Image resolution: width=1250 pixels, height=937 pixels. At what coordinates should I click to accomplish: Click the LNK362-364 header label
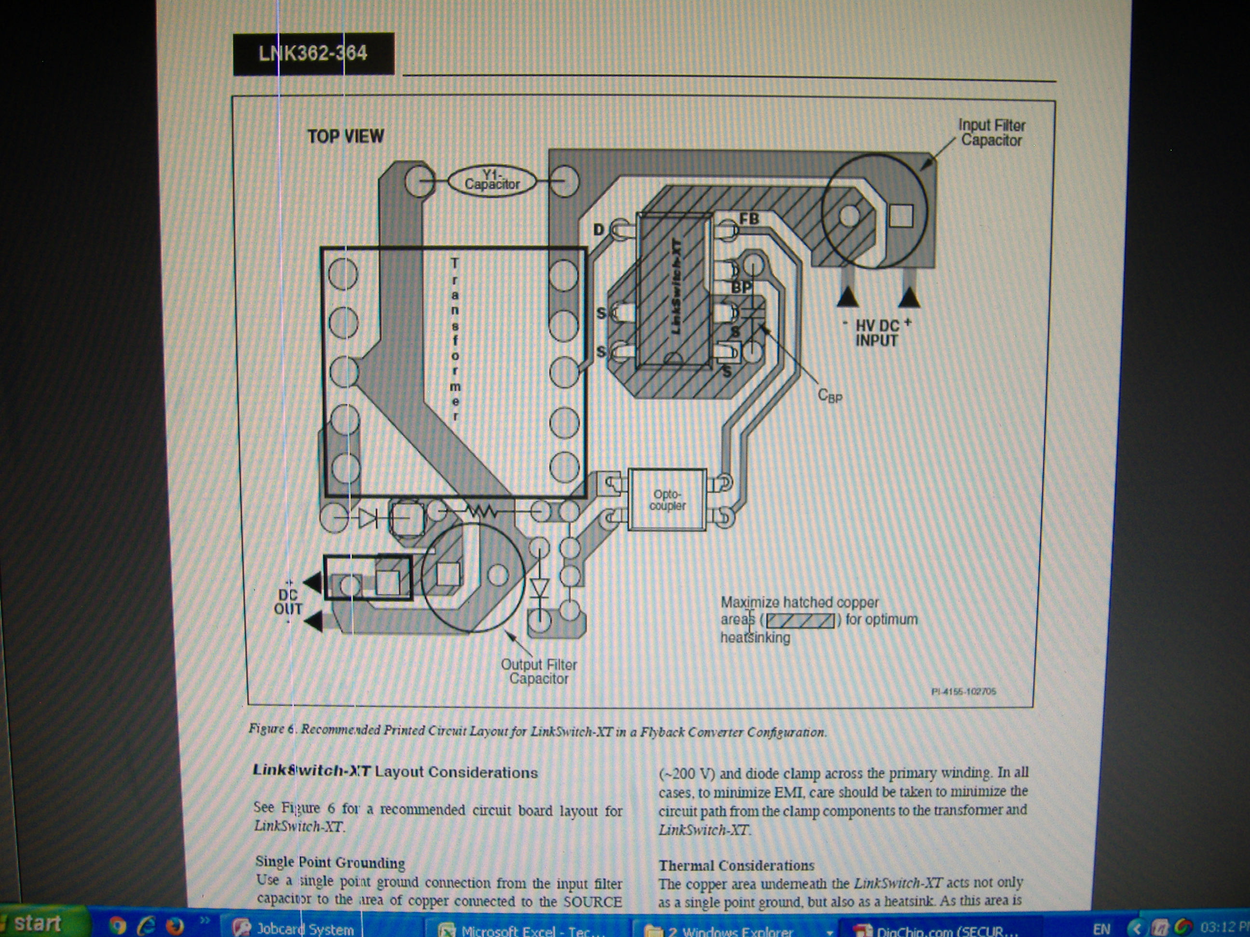[313, 54]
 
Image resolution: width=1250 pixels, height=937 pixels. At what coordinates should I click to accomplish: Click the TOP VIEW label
[345, 136]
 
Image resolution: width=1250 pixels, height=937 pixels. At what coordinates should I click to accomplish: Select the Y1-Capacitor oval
[491, 181]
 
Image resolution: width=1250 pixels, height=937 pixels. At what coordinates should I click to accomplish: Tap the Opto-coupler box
[667, 500]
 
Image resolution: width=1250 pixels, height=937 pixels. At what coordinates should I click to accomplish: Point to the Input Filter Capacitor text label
[991, 133]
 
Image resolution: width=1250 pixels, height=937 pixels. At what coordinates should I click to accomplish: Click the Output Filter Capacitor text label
[539, 671]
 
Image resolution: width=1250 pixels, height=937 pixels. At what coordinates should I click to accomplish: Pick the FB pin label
[749, 218]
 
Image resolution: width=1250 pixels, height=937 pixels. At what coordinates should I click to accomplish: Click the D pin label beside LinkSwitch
[598, 229]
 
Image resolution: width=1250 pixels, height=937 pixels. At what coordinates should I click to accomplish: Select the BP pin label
[741, 287]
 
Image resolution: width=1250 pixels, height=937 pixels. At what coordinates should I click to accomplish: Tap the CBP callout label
[829, 395]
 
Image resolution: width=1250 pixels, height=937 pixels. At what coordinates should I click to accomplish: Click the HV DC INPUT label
[876, 333]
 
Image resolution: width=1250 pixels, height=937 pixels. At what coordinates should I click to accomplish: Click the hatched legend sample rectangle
[800, 620]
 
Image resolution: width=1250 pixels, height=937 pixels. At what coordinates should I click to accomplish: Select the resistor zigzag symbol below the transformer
[480, 512]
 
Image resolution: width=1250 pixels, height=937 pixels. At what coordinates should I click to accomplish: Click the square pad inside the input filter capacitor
[901, 215]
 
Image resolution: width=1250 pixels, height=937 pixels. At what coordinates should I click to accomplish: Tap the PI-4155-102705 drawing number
[964, 691]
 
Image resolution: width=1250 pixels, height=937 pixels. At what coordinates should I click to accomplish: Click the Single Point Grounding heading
[330, 862]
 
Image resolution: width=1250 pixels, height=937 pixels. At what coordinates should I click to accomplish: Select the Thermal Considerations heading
[736, 865]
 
